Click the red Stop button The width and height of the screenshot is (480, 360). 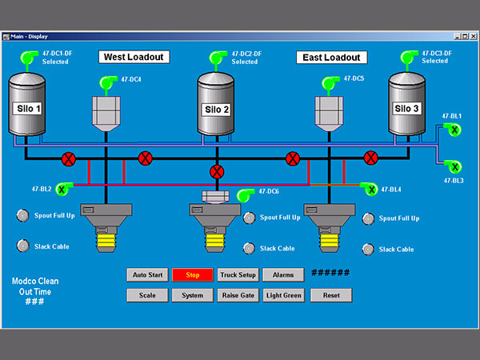point(193,275)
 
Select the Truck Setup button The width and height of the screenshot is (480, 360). point(238,275)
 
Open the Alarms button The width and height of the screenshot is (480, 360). point(283,275)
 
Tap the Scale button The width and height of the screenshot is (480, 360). point(147,295)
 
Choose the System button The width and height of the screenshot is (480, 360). point(193,295)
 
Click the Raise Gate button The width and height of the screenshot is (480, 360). point(238,295)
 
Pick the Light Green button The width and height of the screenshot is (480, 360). point(283,295)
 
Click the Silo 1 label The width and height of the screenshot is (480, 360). point(27,107)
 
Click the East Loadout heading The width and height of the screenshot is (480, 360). point(331,58)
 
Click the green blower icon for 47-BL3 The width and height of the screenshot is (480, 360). point(454,166)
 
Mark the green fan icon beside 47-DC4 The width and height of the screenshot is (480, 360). point(107,82)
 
